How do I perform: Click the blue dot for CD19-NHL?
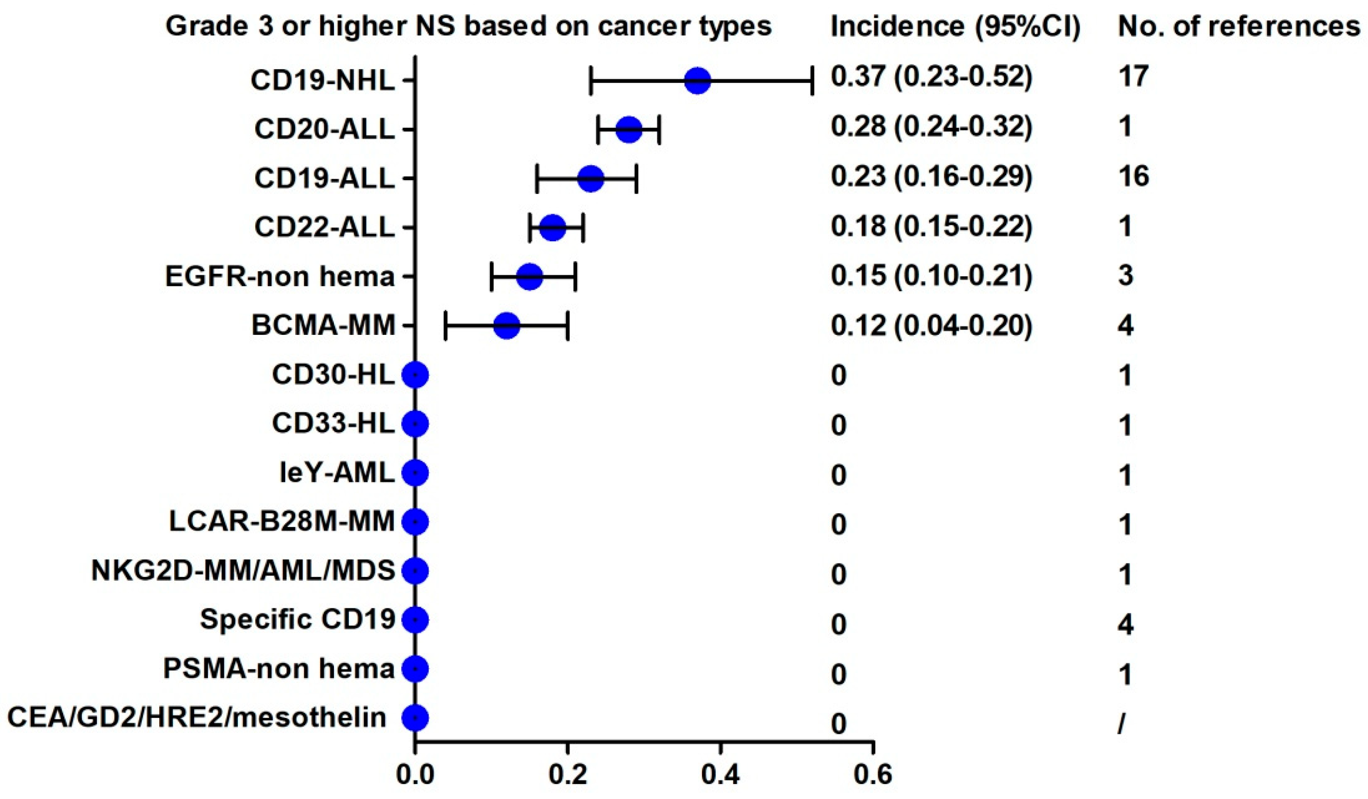click(697, 81)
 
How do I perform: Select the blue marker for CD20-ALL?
click(629, 130)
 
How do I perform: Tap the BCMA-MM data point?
click(506, 326)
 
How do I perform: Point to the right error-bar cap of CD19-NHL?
click(812, 81)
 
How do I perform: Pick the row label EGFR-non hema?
click(280, 276)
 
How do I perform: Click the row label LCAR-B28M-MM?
click(282, 521)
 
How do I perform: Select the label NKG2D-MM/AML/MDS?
click(243, 571)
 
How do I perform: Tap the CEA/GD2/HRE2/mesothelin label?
click(197, 718)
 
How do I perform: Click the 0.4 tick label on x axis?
click(720, 775)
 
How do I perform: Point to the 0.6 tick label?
click(873, 775)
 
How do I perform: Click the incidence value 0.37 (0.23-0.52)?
click(931, 77)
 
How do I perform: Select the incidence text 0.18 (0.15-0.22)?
click(931, 226)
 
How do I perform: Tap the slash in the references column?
click(1121, 723)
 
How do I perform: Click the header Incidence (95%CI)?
click(955, 26)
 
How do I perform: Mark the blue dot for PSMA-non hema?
click(415, 669)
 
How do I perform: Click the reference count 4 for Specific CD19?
click(1126, 625)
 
